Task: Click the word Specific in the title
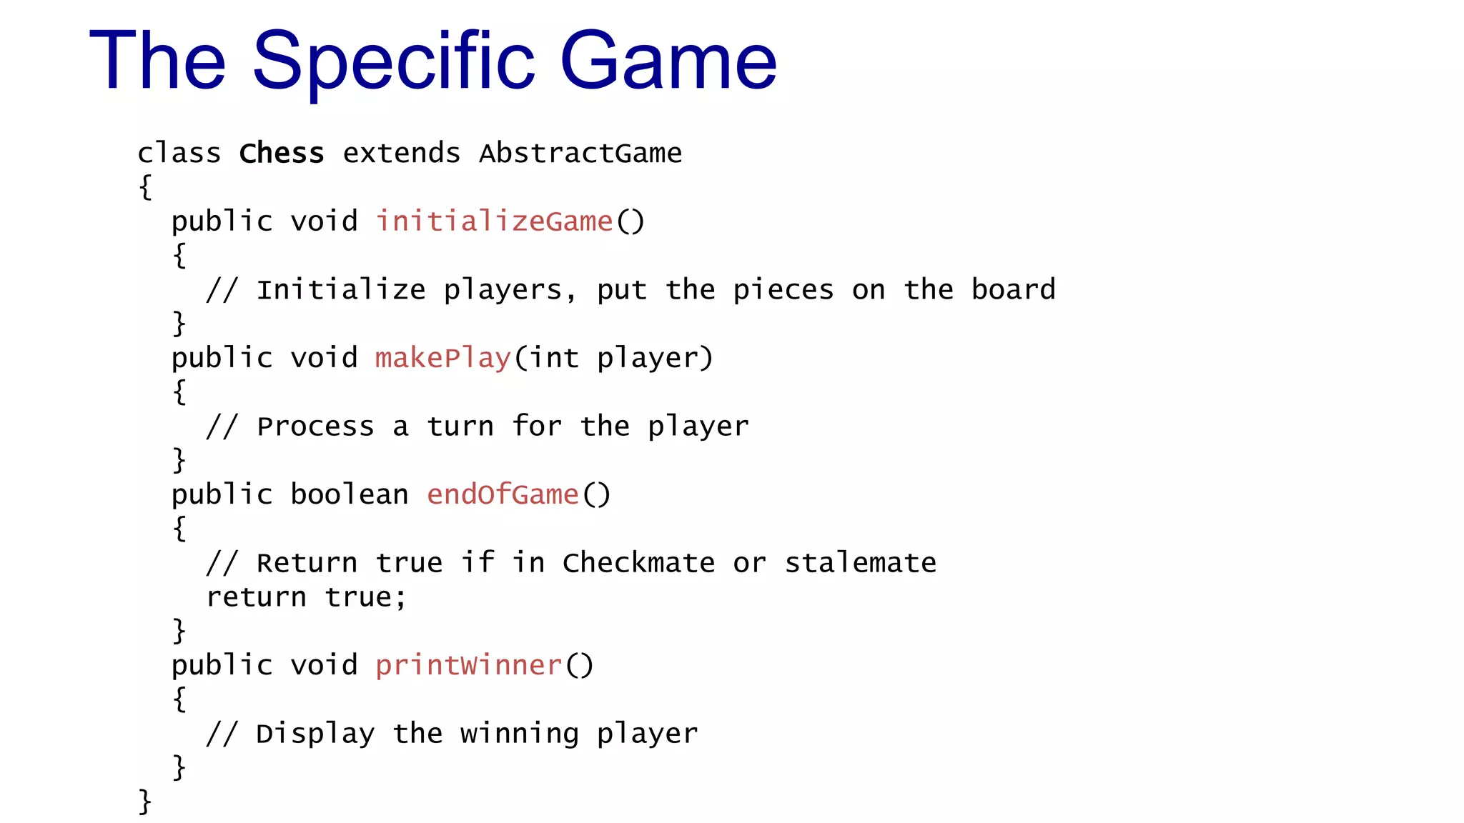tap(393, 61)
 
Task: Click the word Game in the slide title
tap(668, 61)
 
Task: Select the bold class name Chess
tap(282, 154)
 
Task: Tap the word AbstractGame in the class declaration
tap(580, 154)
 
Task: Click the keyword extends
tap(402, 154)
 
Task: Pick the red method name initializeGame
tap(494, 221)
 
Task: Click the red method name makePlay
tap(443, 358)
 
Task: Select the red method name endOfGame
tap(503, 494)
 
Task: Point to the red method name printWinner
tap(468, 665)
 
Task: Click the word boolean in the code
tap(350, 494)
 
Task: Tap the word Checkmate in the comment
tap(638, 563)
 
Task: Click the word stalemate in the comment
tap(861, 563)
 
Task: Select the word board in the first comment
tap(1013, 290)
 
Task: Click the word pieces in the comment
tap(783, 290)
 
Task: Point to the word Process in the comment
tap(315, 427)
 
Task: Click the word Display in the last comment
tap(315, 734)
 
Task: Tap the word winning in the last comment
tap(519, 734)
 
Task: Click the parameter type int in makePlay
tap(554, 358)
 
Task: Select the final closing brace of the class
tap(145, 802)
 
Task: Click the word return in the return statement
tap(256, 597)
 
